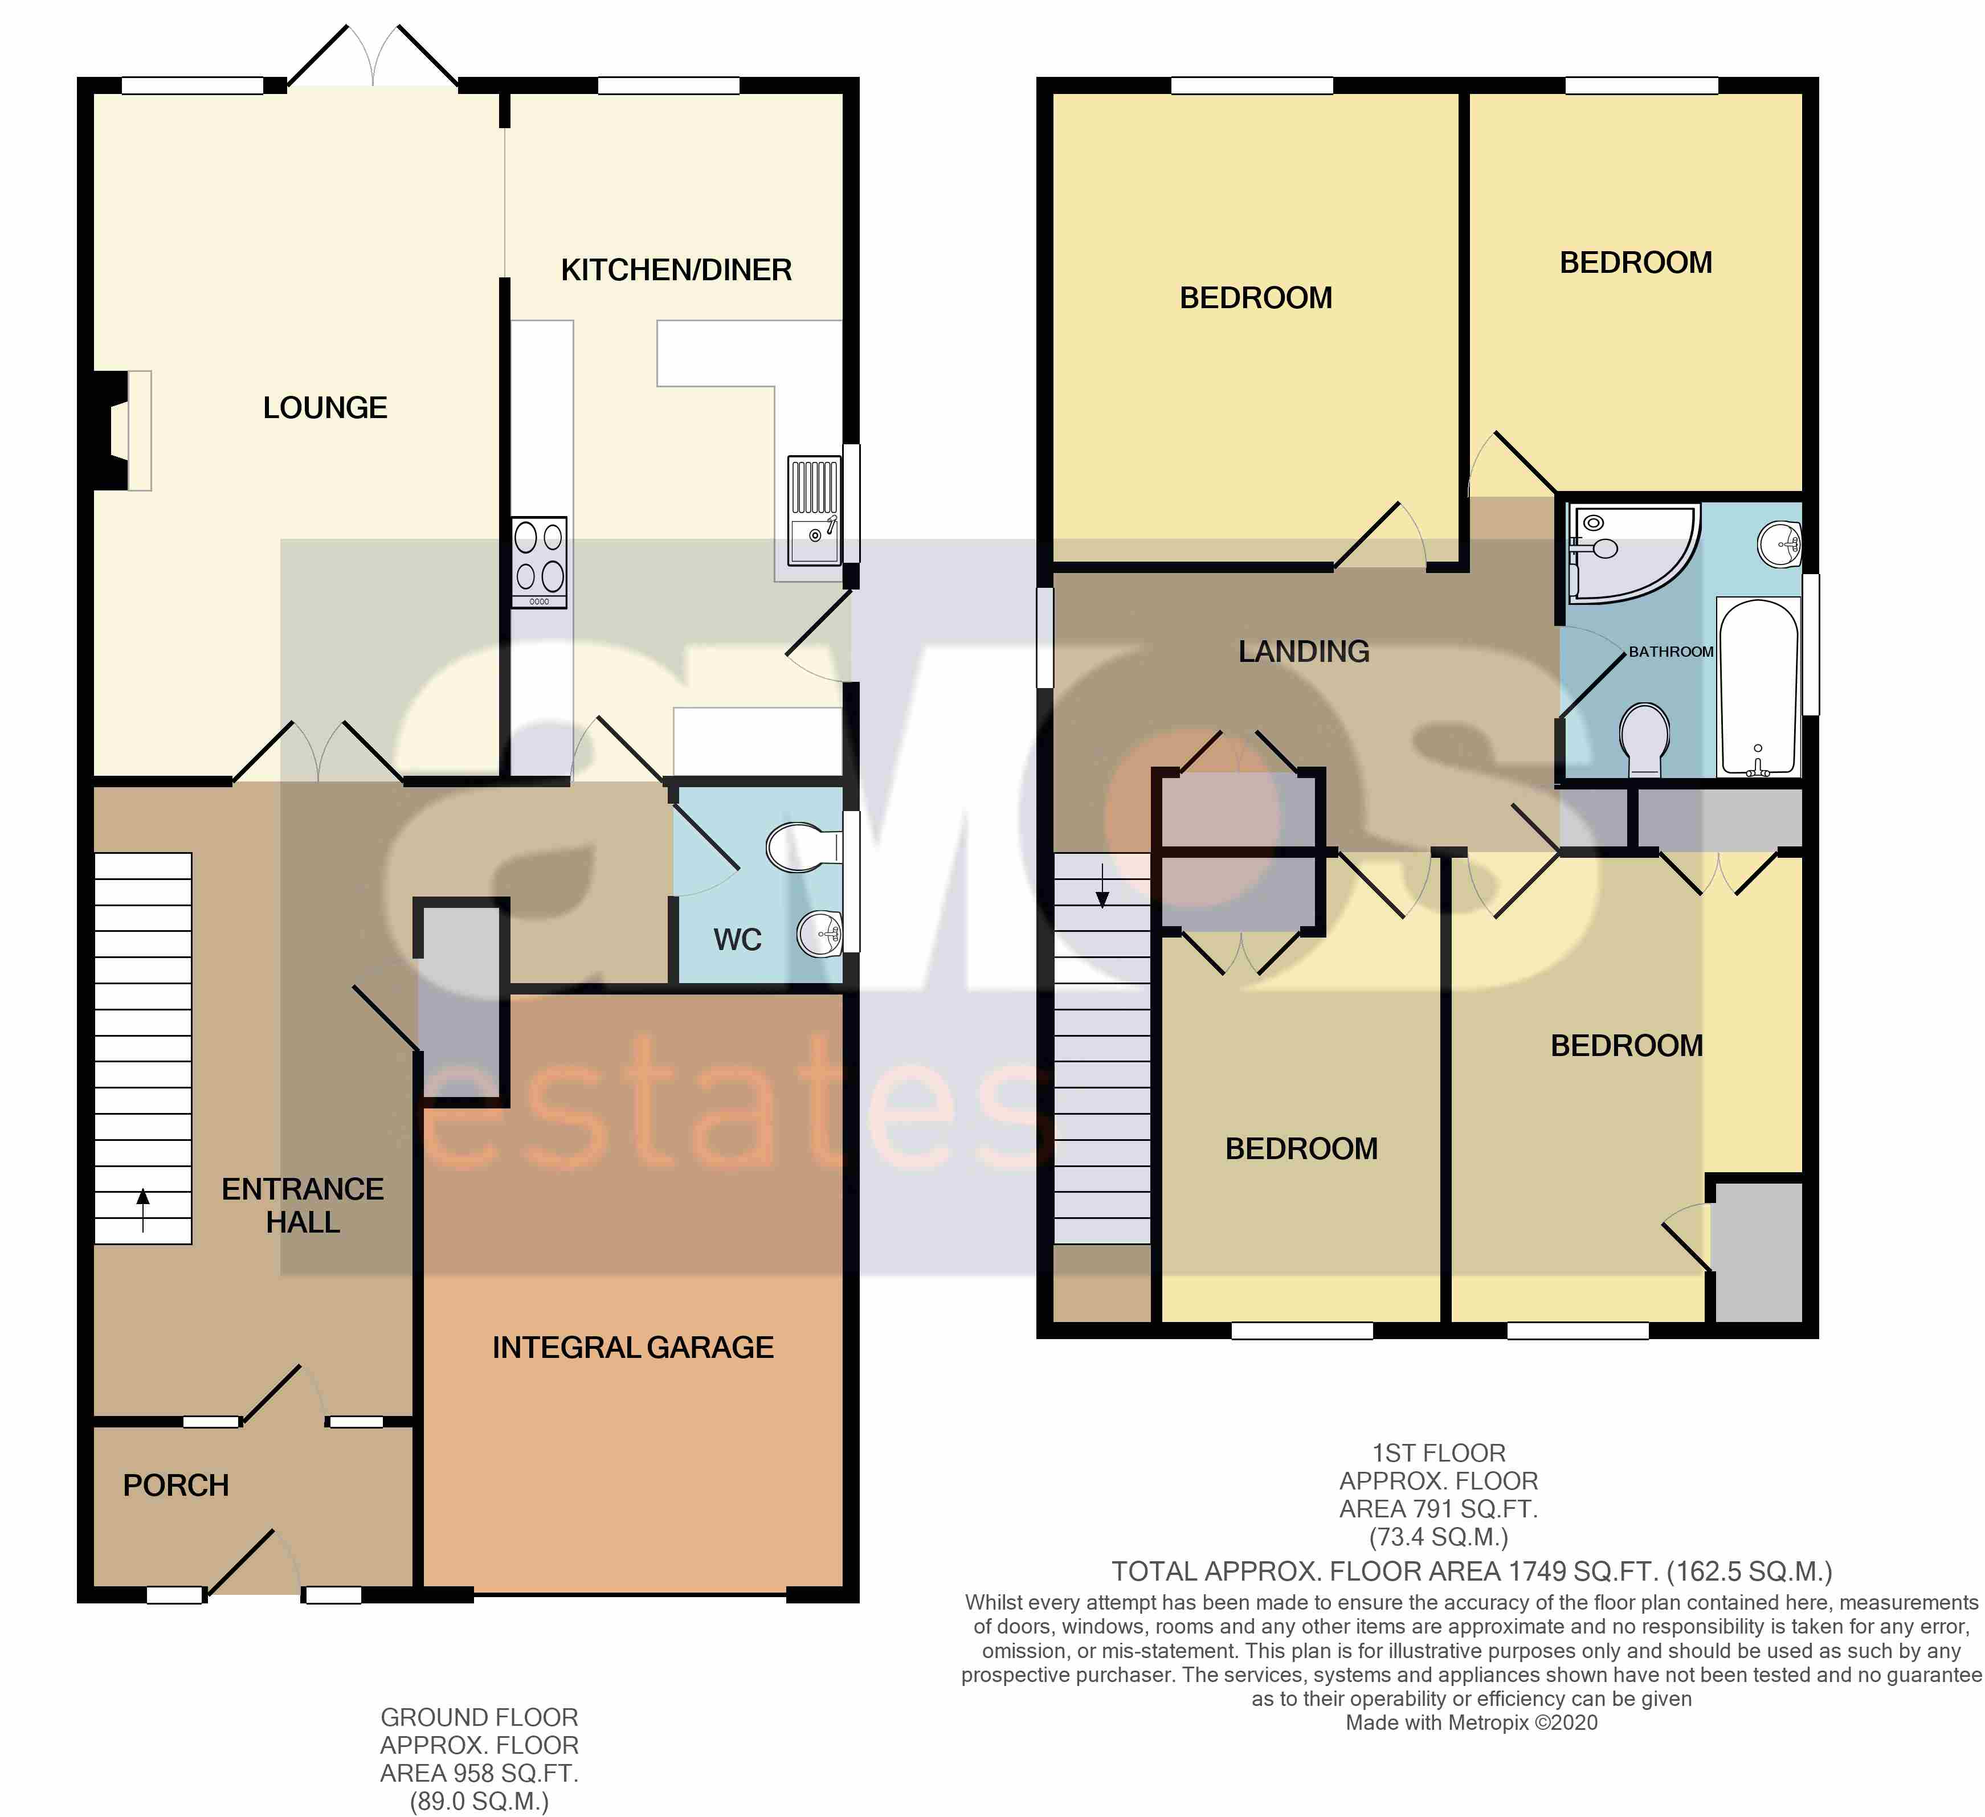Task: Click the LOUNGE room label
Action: point(325,407)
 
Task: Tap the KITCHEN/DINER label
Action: point(676,269)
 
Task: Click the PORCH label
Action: point(175,1485)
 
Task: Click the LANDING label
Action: point(1304,652)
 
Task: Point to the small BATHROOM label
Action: point(1671,652)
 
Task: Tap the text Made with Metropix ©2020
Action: point(1471,1722)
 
